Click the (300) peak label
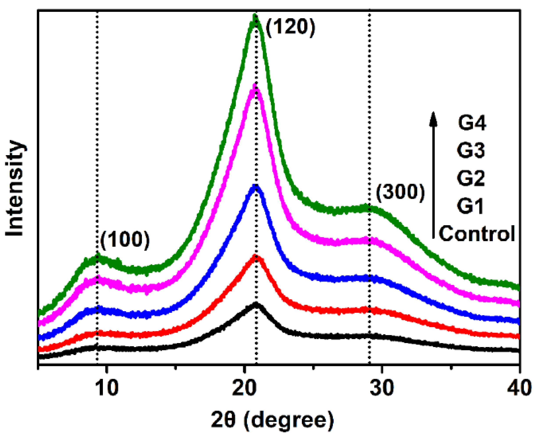tap(401, 193)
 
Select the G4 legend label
tap(472, 123)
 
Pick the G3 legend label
tap(471, 150)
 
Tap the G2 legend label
tap(471, 178)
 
